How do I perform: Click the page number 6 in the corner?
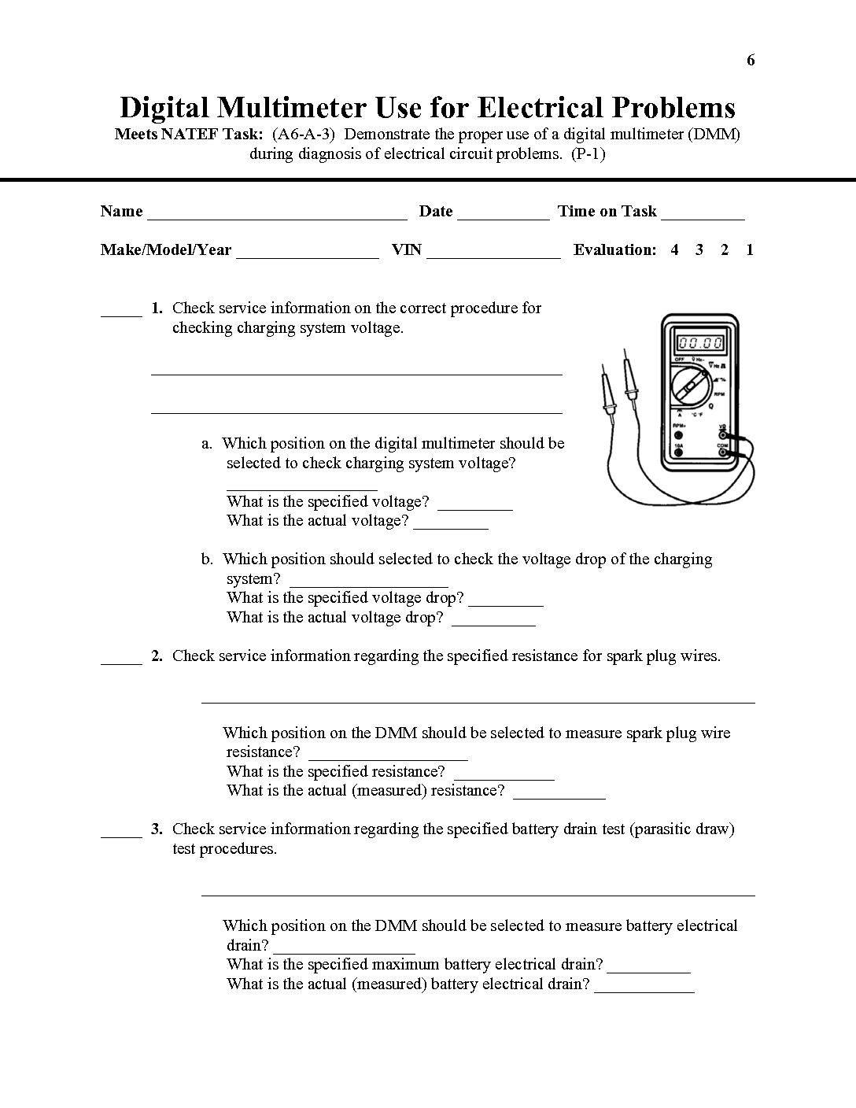[x=751, y=61]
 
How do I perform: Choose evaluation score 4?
[x=674, y=249]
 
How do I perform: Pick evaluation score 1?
[x=750, y=249]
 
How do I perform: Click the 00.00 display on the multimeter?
[x=700, y=343]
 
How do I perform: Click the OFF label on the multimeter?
[x=678, y=360]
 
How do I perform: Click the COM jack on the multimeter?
[x=722, y=452]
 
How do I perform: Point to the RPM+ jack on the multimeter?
[x=678, y=432]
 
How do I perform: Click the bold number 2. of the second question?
[x=157, y=656]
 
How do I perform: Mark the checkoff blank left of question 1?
[x=121, y=312]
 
